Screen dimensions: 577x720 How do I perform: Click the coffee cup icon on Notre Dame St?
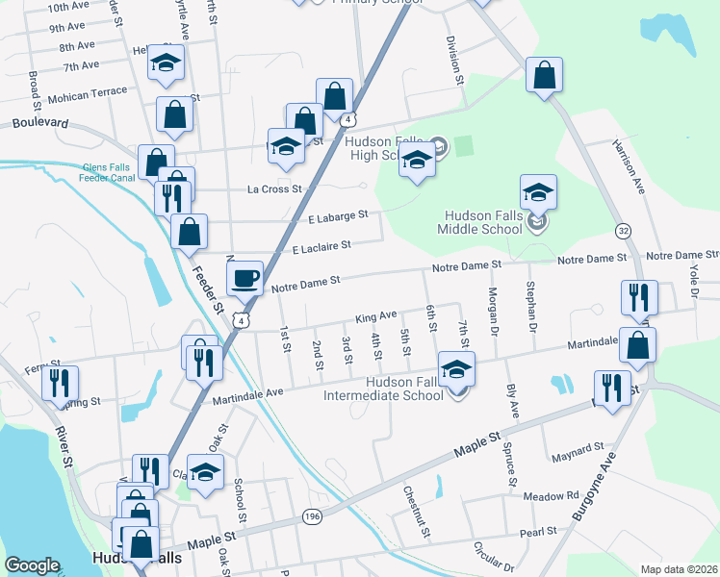[x=244, y=277]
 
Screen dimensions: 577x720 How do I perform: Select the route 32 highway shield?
[x=624, y=231]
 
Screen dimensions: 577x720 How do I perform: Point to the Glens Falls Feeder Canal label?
[x=109, y=170]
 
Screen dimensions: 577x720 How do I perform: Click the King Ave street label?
[x=376, y=315]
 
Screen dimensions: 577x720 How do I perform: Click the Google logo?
[x=32, y=565]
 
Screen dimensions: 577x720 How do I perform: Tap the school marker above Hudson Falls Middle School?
[x=538, y=192]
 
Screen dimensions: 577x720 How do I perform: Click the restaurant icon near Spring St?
[x=61, y=384]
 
